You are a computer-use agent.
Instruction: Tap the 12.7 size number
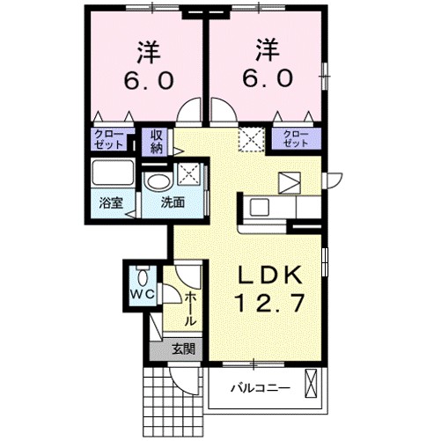click(269, 304)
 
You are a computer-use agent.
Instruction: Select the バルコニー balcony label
click(261, 386)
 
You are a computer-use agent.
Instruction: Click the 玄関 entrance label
click(183, 349)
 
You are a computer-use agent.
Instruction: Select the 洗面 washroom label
click(173, 202)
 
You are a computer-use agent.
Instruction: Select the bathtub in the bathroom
click(112, 173)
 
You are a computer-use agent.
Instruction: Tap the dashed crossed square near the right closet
click(254, 138)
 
